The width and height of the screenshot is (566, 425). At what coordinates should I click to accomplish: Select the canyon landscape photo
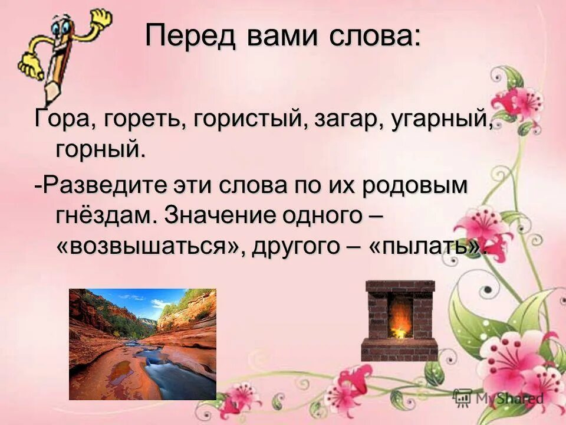142,344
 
